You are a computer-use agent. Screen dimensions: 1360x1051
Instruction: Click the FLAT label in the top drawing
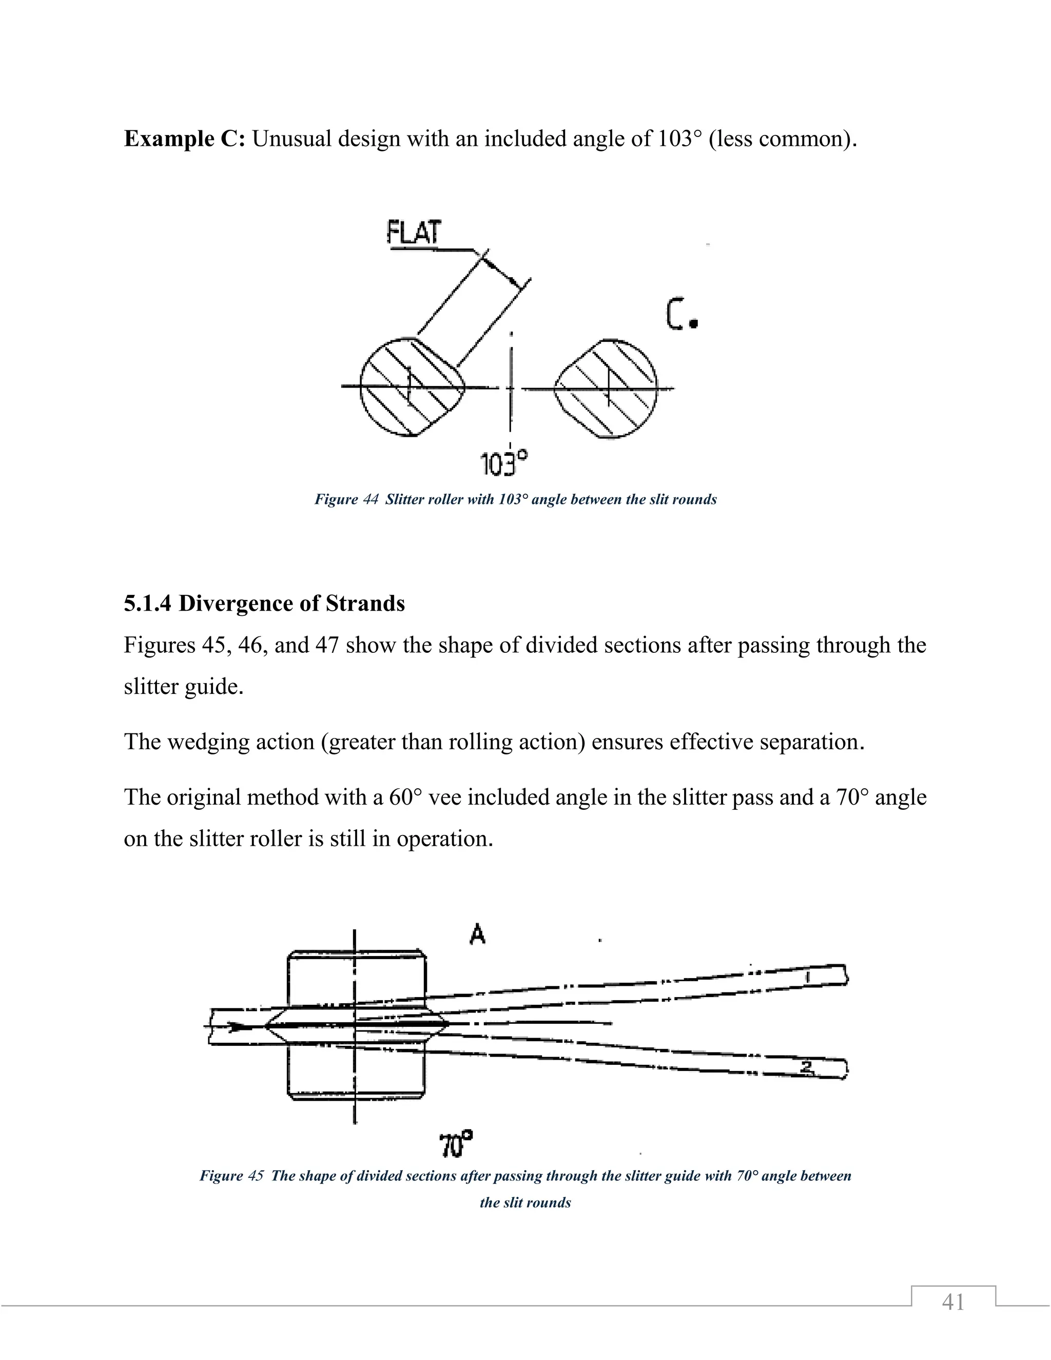tap(414, 232)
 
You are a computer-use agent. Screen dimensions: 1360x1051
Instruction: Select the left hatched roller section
tap(412, 387)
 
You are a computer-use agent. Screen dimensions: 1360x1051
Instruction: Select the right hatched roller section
tap(607, 388)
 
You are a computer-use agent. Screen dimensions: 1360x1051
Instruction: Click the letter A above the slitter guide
tap(477, 934)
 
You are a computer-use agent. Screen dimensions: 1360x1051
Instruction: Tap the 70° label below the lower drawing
tap(456, 1144)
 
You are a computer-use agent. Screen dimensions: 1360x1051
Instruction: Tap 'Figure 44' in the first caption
tap(346, 499)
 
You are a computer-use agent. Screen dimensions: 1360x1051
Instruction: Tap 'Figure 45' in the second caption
tap(231, 1176)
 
